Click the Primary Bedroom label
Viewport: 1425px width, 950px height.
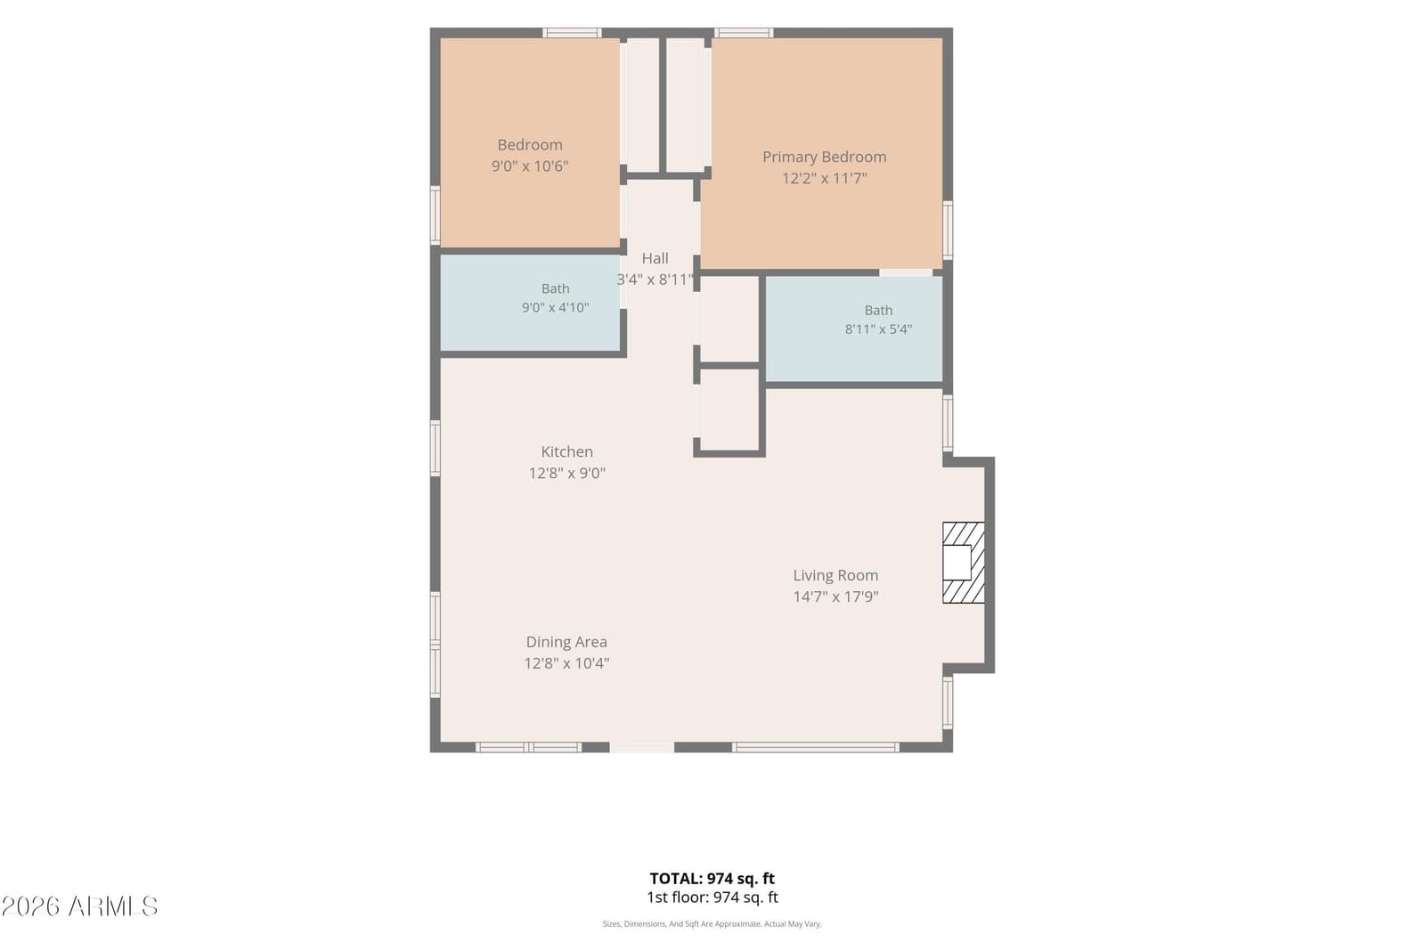825,157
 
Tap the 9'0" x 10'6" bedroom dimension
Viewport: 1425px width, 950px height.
530,166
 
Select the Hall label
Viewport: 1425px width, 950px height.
655,258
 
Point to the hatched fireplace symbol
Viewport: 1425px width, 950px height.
963,563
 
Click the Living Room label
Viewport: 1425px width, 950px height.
835,575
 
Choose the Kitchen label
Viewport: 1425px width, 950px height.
566,452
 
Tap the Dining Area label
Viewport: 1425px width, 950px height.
566,642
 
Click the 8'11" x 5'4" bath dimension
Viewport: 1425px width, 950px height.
878,329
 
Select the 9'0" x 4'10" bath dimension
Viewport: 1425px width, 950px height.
556,308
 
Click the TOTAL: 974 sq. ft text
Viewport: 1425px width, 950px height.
712,879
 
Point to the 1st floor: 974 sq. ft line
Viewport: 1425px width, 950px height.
712,897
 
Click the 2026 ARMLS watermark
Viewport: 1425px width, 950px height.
79,906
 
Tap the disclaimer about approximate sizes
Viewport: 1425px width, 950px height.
712,924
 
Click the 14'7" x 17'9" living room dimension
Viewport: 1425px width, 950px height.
835,597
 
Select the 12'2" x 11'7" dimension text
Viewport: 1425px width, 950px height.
825,178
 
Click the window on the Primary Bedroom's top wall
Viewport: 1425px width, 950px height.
744,33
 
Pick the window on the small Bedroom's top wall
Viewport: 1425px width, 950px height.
572,33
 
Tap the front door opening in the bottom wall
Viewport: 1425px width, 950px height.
642,747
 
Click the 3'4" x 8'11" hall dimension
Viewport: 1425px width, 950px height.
655,280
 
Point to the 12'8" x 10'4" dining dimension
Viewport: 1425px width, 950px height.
566,664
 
